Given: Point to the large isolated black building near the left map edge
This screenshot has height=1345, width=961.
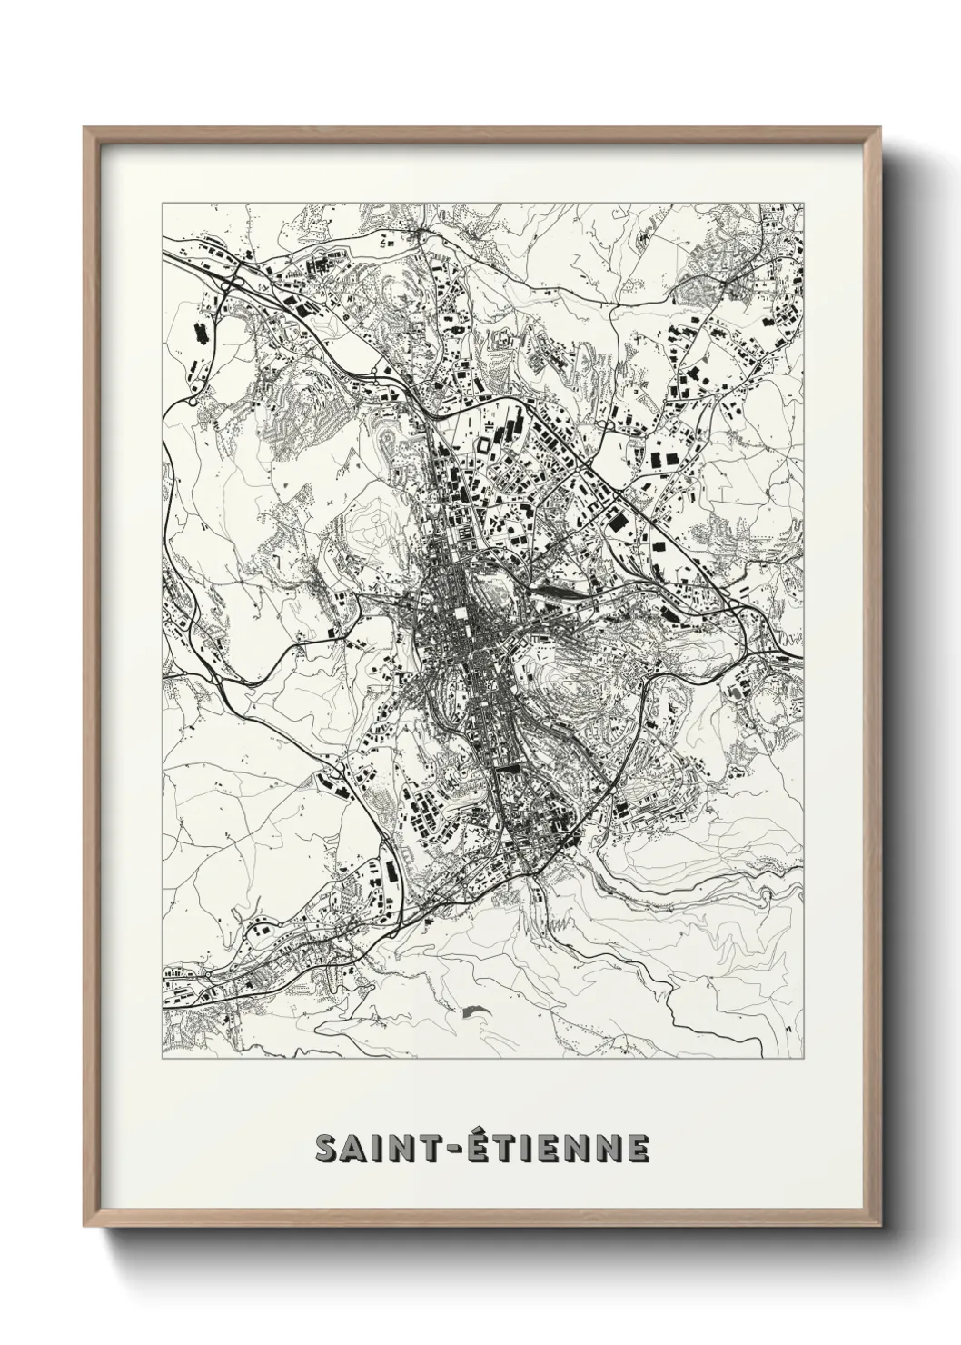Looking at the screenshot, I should (x=200, y=334).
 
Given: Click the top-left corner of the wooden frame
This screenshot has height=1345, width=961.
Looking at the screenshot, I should (x=84, y=128).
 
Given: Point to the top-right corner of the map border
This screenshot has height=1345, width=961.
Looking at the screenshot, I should (x=804, y=203).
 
